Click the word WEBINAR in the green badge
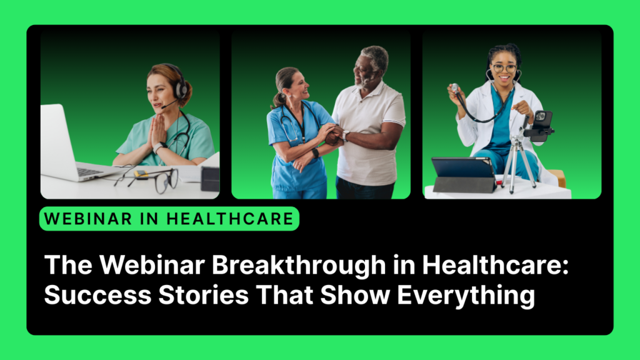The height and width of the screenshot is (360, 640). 84,219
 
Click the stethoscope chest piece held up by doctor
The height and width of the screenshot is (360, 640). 455,87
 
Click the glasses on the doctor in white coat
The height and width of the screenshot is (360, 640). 504,67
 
